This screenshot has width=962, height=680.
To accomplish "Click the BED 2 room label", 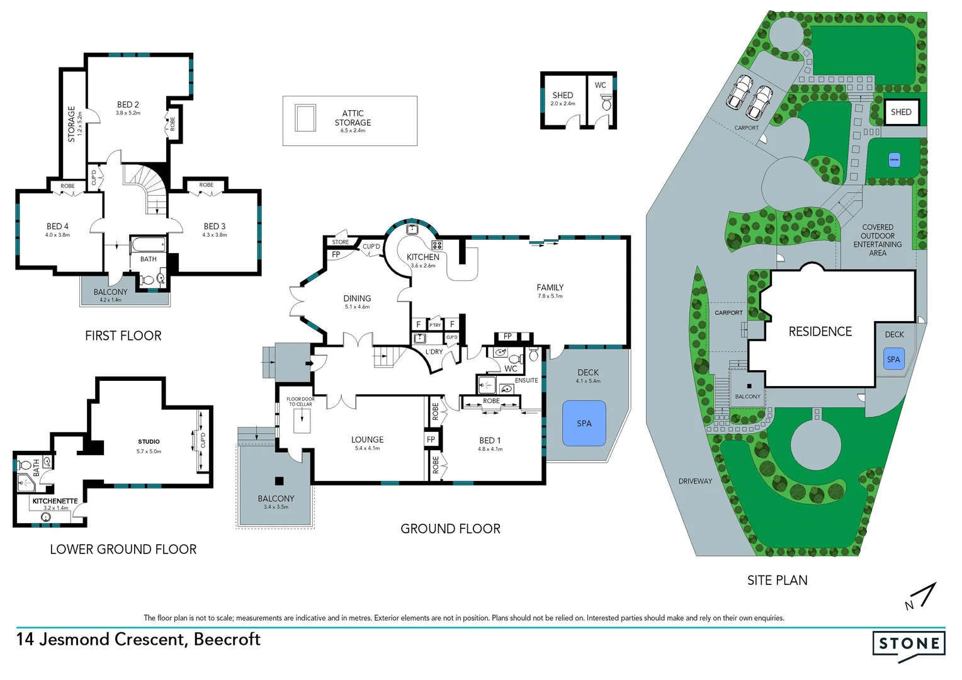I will pos(128,105).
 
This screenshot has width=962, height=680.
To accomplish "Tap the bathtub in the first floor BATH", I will pos(149,244).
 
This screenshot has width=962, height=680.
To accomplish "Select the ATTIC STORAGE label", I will pos(353,118).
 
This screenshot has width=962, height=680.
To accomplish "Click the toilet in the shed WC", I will pos(606,103).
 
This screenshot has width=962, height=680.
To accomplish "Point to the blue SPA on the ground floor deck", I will pos(584,423).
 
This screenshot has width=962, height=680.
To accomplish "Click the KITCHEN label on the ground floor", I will pos(422,257).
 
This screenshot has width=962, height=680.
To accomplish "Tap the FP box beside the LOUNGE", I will pos(431,439).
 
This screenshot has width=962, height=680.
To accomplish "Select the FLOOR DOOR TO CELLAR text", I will pos(300,401).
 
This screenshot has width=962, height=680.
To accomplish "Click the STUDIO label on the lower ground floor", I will pos(149,442).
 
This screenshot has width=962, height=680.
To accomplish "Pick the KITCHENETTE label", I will pos(55,501).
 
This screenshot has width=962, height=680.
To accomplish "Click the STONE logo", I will pos(908,644).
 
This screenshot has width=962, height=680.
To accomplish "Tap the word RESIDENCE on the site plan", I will pos(820,332).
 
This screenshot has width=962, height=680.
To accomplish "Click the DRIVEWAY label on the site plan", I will pos(695,481).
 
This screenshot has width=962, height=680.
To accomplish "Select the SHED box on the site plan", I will pos(901,112).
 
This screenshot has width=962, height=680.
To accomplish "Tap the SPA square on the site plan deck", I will pos(893,360).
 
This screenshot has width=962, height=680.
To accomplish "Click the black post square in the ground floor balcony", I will pos(279,481).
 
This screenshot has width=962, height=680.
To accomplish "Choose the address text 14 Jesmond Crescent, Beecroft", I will pos(139,639).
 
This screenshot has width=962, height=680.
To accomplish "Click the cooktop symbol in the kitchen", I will pos(436,245).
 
